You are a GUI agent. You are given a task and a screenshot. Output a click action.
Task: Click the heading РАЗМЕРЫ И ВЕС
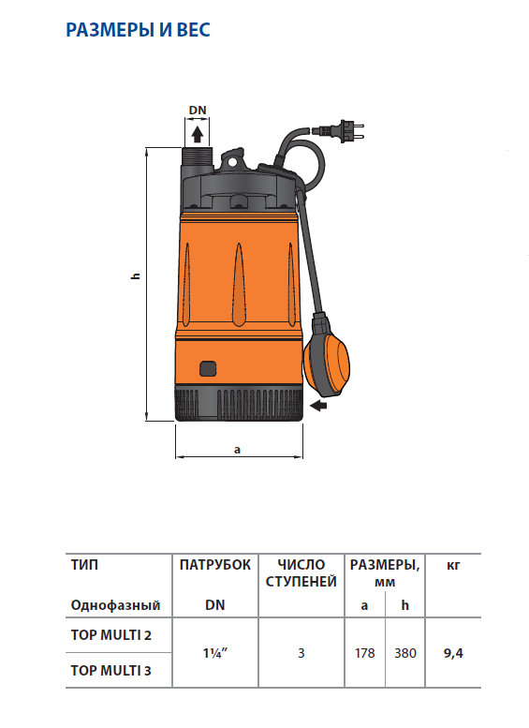click(x=138, y=30)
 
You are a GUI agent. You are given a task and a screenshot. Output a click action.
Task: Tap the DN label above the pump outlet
click(x=198, y=110)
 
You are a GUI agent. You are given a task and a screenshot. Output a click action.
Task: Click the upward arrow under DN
click(x=198, y=134)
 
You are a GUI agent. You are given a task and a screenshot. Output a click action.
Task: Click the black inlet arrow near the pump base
click(x=318, y=406)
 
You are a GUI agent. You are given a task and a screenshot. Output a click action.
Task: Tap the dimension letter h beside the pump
click(x=136, y=275)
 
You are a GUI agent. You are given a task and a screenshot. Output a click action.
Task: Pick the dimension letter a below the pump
click(x=238, y=450)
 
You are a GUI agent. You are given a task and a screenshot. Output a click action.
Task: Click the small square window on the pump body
click(x=208, y=368)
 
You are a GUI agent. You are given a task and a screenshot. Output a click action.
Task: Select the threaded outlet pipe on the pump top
click(x=198, y=156)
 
